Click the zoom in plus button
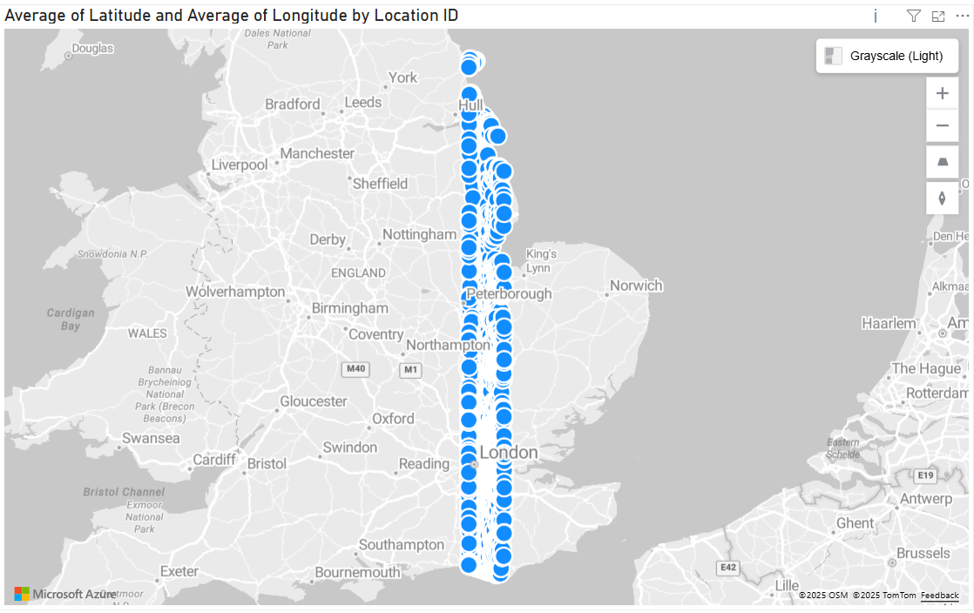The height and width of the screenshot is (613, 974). pyautogui.click(x=942, y=93)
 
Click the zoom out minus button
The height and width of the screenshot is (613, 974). pyautogui.click(x=942, y=126)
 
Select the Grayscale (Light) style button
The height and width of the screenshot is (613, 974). pyautogui.click(x=887, y=57)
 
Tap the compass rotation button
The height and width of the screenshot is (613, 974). pyautogui.click(x=942, y=198)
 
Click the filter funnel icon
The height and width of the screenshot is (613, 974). pyautogui.click(x=913, y=16)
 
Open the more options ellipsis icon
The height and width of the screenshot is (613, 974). pyautogui.click(x=962, y=16)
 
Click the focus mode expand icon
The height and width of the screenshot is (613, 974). pyautogui.click(x=938, y=16)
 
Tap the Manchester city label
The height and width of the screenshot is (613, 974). pyautogui.click(x=317, y=153)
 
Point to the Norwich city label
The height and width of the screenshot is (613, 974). pyautogui.click(x=636, y=286)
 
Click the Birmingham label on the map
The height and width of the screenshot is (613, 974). pyautogui.click(x=350, y=308)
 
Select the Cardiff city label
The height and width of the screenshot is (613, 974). pyautogui.click(x=214, y=459)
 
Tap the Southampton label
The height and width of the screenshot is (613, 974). pyautogui.click(x=402, y=545)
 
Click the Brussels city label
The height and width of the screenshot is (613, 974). pyautogui.click(x=923, y=553)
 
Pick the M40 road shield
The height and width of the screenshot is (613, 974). pyautogui.click(x=355, y=369)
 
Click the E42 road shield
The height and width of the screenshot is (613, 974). pyautogui.click(x=728, y=568)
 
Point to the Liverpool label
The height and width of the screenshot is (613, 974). pyautogui.click(x=240, y=165)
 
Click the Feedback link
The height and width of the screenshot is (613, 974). pyautogui.click(x=940, y=596)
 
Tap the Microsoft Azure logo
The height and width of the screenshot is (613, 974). pyautogui.click(x=65, y=594)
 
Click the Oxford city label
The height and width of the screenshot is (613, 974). pyautogui.click(x=393, y=419)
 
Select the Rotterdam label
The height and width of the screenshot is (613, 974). pyautogui.click(x=937, y=393)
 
